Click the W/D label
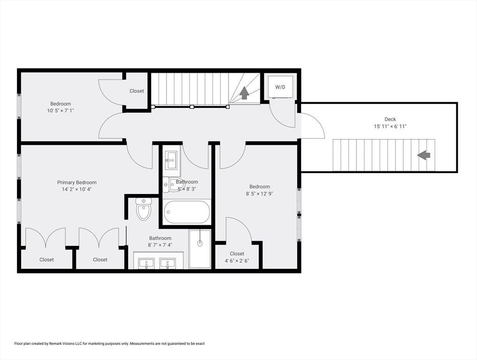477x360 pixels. pos(280,87)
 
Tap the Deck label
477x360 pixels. pos(390,120)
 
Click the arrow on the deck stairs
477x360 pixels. pos(424,155)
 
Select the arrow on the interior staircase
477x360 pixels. pos(244,93)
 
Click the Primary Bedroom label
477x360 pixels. pos(77,182)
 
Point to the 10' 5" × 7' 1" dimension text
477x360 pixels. pos(61,111)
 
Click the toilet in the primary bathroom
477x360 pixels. pos(144,209)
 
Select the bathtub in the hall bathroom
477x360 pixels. pos(187,212)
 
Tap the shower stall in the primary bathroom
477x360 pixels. pos(200,248)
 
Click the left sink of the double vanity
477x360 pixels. pos(146,264)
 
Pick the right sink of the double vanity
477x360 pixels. pos(167,264)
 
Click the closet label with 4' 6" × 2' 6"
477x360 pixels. pos(237,261)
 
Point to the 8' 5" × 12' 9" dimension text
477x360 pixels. pos(259,194)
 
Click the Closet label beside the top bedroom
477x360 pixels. pos(137,91)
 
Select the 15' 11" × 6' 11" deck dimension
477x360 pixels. pos(390,127)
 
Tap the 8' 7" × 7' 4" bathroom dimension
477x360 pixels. pos(160,245)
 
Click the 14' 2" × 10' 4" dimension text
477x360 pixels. pos(77,189)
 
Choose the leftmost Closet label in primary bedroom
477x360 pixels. pos(46,260)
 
